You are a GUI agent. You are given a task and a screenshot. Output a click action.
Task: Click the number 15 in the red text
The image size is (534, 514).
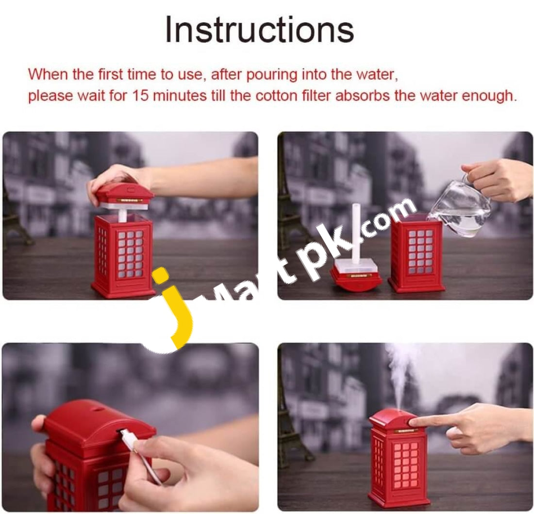click(141, 96)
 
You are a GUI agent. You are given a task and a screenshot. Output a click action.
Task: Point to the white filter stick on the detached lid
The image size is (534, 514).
click(357, 233)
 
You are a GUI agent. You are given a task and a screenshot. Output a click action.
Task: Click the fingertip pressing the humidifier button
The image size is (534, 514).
click(414, 422)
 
